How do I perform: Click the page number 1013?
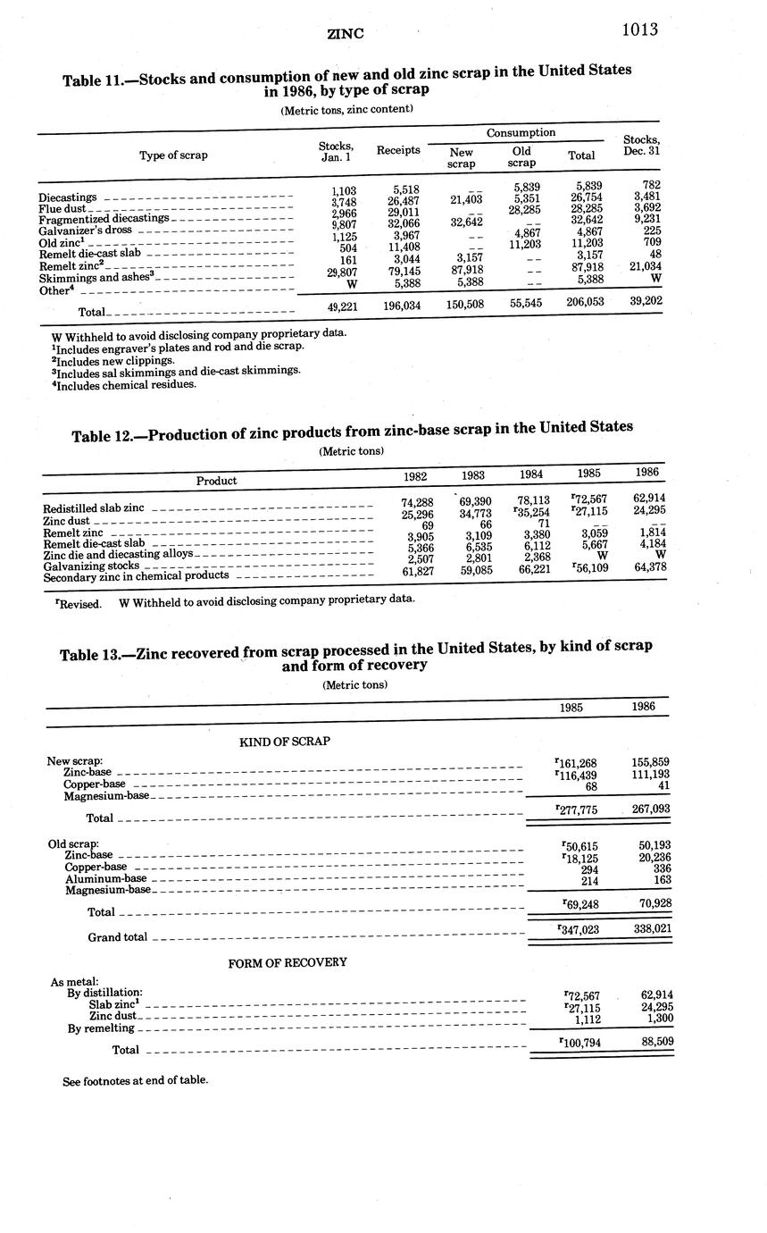(639, 29)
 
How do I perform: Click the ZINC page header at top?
(346, 34)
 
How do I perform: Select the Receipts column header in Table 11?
(398, 150)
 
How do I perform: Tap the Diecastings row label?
(68, 197)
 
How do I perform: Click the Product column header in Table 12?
(216, 481)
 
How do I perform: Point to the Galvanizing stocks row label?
(91, 565)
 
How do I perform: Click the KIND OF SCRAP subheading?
(284, 742)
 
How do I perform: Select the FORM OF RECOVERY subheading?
(288, 962)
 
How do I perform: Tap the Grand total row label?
(117, 937)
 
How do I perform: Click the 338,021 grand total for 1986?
(651, 929)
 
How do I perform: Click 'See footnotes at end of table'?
(135, 1080)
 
